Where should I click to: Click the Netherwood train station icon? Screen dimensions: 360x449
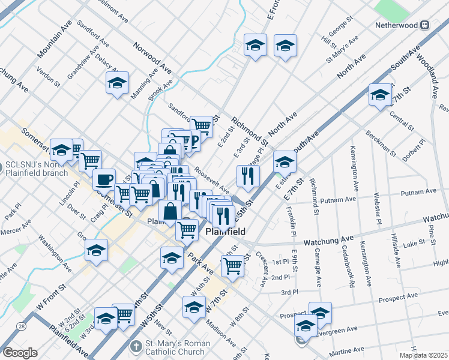tap(424, 25)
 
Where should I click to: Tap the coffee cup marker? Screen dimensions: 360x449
tap(104, 179)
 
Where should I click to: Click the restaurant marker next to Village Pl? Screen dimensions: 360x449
tap(248, 176)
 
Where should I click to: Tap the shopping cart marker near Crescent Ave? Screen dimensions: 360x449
tap(232, 265)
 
